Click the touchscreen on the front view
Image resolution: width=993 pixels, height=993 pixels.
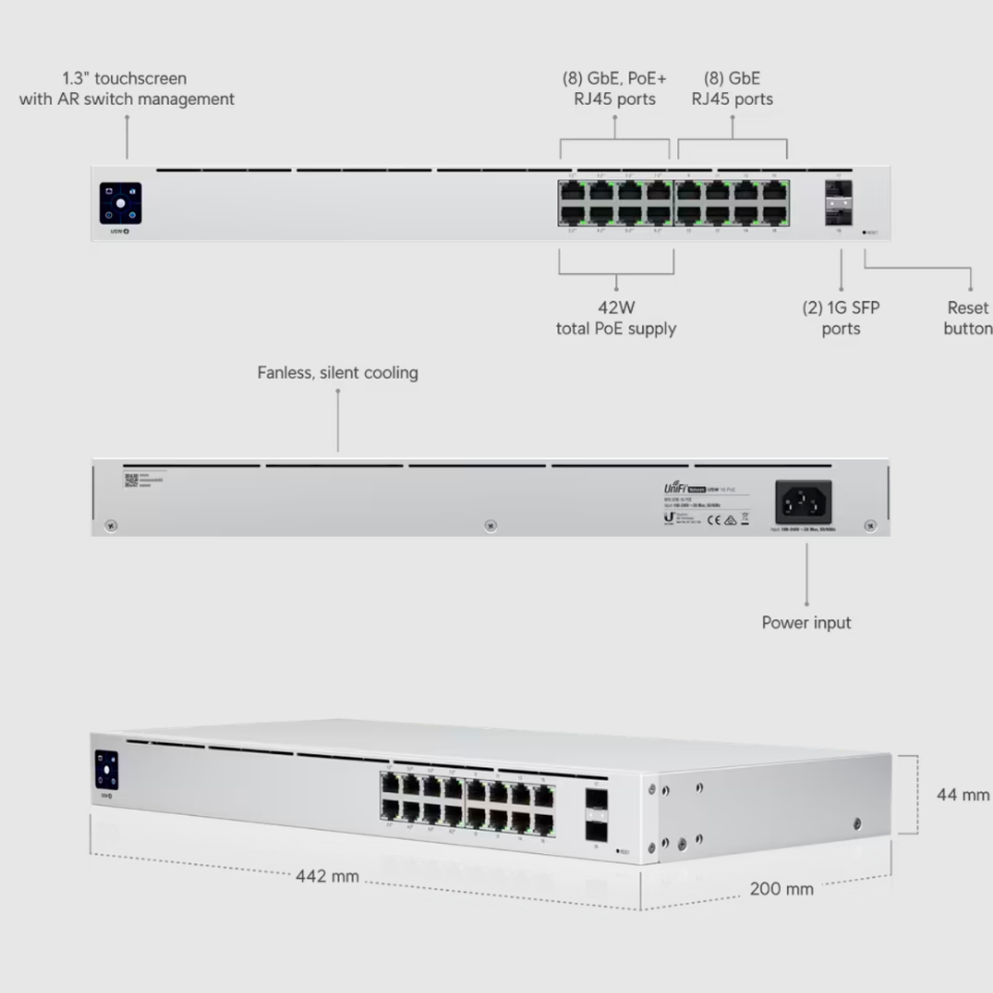[121, 203]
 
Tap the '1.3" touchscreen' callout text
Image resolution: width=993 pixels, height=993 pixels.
[126, 89]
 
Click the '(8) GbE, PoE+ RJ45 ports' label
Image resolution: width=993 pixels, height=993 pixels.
[615, 89]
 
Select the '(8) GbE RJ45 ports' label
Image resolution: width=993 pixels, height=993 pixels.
[732, 89]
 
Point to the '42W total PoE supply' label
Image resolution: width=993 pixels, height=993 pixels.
[616, 318]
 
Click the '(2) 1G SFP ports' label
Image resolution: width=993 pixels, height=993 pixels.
[841, 318]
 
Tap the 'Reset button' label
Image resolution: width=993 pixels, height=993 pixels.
[967, 318]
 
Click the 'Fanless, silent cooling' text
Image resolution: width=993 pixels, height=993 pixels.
[338, 372]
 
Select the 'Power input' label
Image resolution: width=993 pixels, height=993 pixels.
[806, 622]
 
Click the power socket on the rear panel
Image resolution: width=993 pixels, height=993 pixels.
[803, 501]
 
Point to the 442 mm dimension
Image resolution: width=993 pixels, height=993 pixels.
[328, 875]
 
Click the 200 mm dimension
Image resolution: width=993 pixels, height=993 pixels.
[781, 889]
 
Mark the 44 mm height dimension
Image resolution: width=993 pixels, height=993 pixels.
[962, 794]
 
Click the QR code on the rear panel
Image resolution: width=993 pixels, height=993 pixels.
[131, 480]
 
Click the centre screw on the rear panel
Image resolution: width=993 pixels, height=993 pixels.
[491, 525]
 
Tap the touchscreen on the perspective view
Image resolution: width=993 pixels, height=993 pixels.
[107, 770]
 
